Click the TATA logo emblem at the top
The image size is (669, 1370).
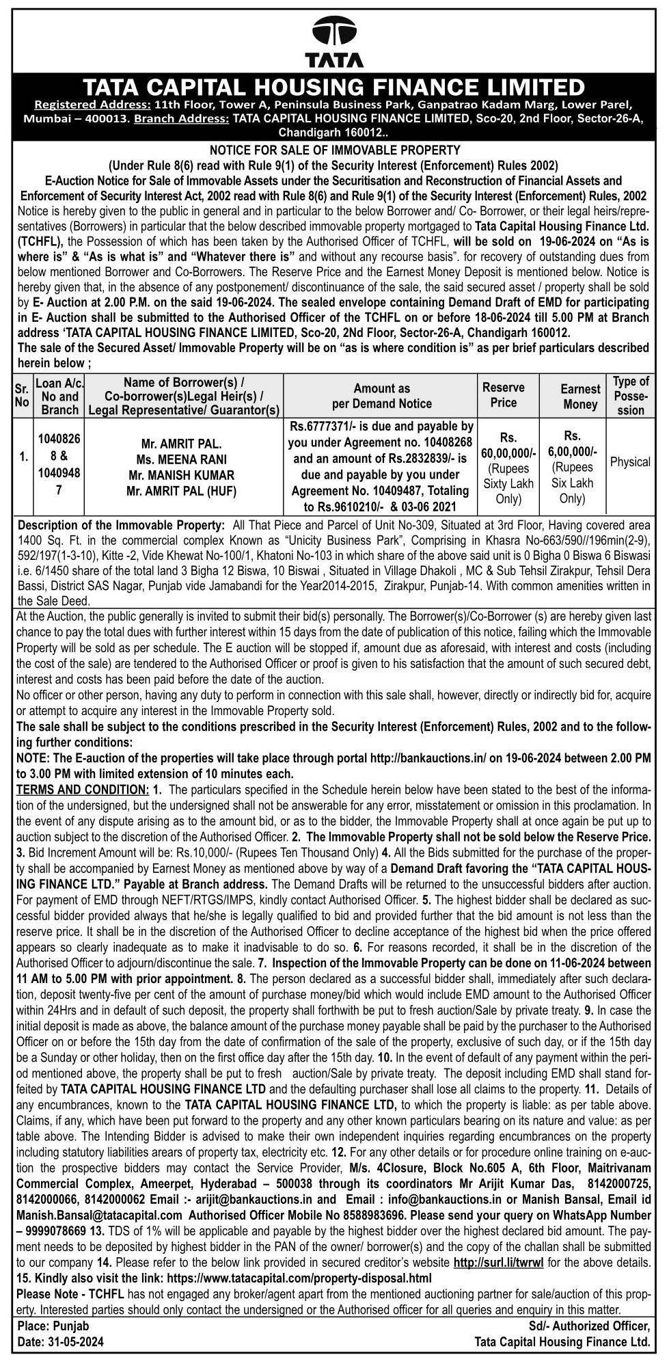[x=334, y=33]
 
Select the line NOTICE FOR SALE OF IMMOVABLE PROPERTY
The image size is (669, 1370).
[x=334, y=150]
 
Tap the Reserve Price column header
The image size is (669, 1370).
[x=504, y=394]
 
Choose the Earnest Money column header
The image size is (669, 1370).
[x=581, y=397]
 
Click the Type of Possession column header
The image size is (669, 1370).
[x=631, y=396]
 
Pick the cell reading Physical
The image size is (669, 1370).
[x=630, y=462]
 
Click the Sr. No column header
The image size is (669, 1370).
[x=21, y=396]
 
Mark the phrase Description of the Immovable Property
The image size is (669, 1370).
[x=120, y=525]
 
